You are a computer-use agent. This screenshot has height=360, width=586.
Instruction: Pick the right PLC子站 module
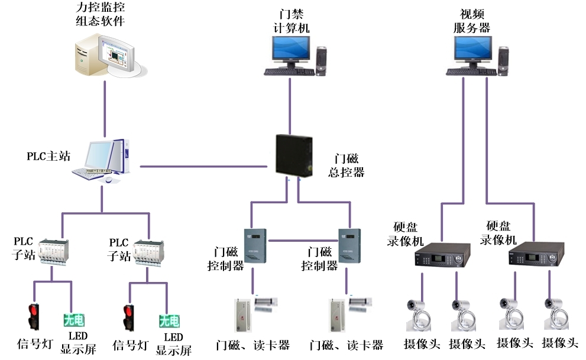150,251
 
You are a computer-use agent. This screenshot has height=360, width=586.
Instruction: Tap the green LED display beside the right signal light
169,321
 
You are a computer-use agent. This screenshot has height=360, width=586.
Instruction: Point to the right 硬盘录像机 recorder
534,257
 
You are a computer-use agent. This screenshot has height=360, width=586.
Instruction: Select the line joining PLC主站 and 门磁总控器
207,166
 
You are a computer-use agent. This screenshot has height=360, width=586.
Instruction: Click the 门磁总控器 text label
346,165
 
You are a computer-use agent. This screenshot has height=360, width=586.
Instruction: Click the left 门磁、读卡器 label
253,345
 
